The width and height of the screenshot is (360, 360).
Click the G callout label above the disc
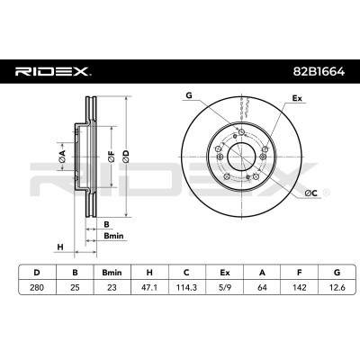[188, 94]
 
